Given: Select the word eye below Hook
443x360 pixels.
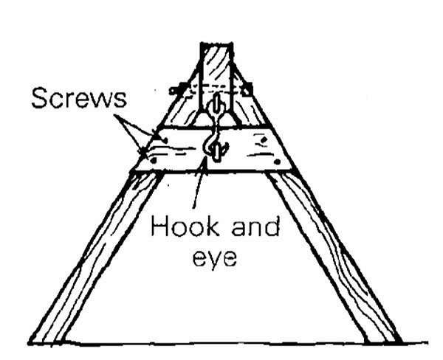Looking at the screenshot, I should [x=213, y=257].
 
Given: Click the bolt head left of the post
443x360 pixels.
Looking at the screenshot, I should [x=176, y=91].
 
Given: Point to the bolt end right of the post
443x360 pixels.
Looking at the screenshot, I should [x=249, y=89].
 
